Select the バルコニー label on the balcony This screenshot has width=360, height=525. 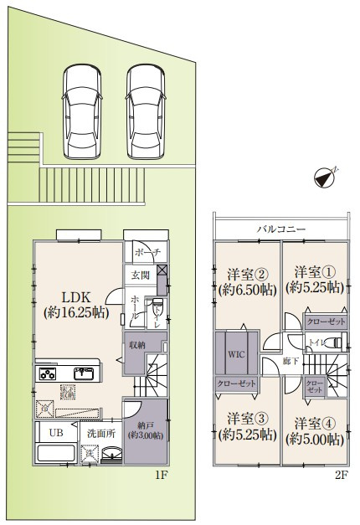[280, 229]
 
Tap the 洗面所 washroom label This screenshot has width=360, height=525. [100, 433]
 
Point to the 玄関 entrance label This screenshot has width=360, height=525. [139, 275]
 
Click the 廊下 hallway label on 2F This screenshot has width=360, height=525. [289, 361]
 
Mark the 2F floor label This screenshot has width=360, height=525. [340, 474]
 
